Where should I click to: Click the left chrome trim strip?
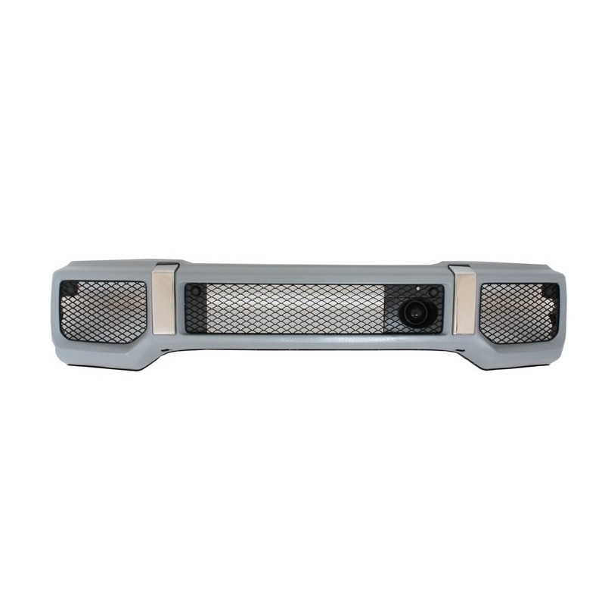coord(163,300)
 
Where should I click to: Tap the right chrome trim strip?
coord(465,300)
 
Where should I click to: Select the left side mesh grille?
coord(104,311)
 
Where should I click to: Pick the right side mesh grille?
coord(518,309)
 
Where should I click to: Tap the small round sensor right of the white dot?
coord(433,291)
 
